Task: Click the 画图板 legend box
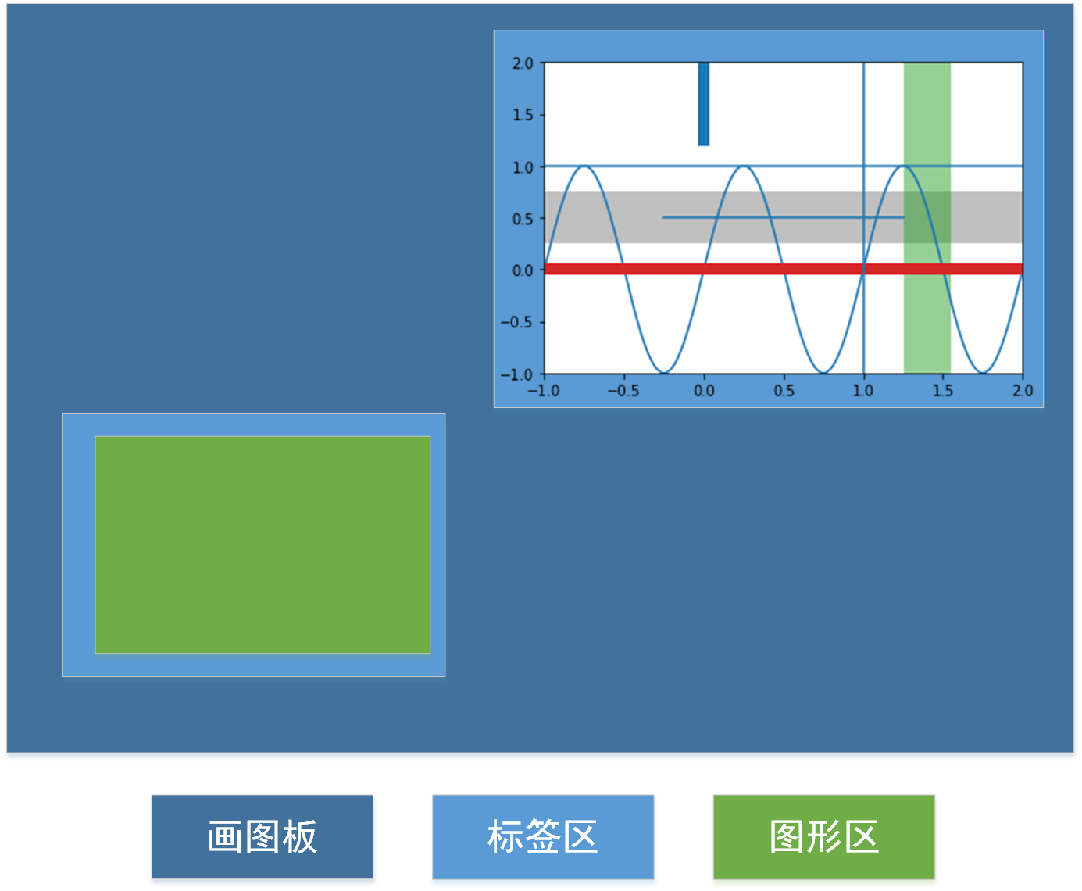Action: [262, 836]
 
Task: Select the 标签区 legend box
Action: [543, 836]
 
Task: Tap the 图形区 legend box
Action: [823, 836]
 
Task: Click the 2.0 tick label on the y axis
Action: [523, 63]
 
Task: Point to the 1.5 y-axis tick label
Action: [523, 115]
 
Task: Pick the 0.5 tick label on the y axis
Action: [523, 219]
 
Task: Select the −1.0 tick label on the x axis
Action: [543, 391]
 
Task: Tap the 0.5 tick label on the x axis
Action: [784, 391]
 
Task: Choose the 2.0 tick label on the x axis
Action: [1023, 391]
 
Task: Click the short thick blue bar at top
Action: [704, 103]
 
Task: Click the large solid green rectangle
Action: [262, 545]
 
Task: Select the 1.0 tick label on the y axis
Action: [523, 167]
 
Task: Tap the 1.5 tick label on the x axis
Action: [943, 391]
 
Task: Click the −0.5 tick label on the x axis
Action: [623, 391]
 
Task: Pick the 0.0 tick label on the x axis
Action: [704, 391]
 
